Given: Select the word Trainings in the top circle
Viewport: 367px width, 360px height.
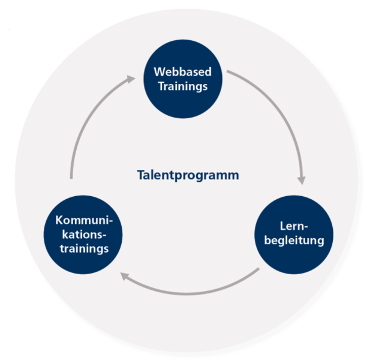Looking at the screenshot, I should pyautogui.click(x=182, y=86).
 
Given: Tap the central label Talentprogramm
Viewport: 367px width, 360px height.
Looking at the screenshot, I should pyautogui.click(x=188, y=176).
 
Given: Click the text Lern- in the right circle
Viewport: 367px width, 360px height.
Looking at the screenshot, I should pyautogui.click(x=293, y=227).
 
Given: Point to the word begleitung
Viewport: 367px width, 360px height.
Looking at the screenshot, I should pyautogui.click(x=293, y=241).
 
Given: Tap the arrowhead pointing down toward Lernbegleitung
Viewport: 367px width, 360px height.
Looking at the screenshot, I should pyautogui.click(x=302, y=179).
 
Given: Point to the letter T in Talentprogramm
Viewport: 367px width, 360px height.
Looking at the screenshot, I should pyautogui.click(x=140, y=176).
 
